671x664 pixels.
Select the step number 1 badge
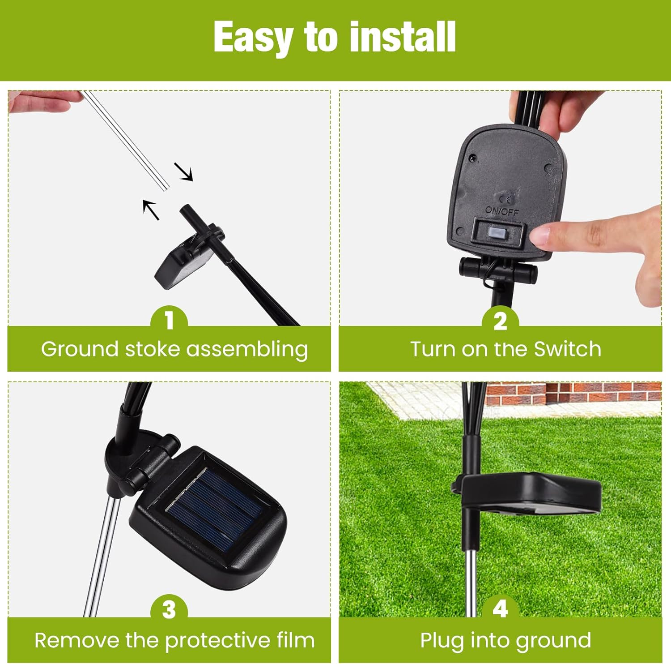coord(169,319)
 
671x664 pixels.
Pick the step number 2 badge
coord(500,319)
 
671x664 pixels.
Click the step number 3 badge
coord(169,609)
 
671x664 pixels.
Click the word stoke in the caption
coord(153,349)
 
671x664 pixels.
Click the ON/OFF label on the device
coord(502,210)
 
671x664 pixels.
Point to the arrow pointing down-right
coord(183,172)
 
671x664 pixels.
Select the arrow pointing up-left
coord(151,210)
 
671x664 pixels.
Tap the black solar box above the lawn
coord(530,495)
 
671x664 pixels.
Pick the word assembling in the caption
coord(247,350)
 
